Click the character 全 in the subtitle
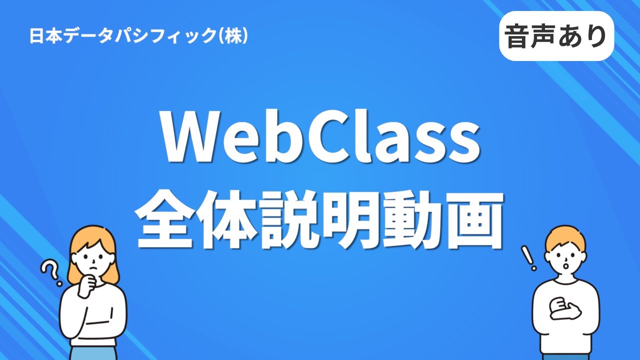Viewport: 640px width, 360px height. click(168, 221)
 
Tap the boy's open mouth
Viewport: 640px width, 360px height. click(565, 265)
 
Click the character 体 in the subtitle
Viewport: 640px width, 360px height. click(229, 221)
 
